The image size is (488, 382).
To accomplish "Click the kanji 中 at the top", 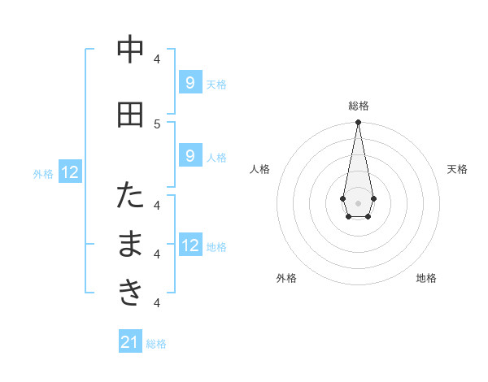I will click(130, 50).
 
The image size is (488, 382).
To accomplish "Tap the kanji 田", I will click(130, 115).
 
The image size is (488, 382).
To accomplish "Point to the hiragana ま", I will click(130, 245).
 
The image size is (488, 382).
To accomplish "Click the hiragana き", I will click(130, 293).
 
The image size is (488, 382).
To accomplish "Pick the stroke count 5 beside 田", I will click(157, 124).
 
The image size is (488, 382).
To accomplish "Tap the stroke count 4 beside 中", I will click(157, 59).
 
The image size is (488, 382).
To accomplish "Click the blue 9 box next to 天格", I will click(190, 82).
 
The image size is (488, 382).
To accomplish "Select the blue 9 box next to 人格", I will click(190, 155).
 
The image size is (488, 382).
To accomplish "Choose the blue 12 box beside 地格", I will click(190, 245).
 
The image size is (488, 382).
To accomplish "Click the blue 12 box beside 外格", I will click(70, 171).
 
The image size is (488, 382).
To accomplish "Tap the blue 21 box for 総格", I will click(130, 342).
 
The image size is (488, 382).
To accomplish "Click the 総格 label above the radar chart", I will click(359, 106).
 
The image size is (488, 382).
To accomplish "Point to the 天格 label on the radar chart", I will click(458, 169).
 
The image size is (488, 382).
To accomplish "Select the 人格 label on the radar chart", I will click(259, 169).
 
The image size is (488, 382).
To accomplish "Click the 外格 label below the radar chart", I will click(286, 278).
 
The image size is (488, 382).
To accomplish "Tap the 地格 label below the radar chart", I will click(426, 278).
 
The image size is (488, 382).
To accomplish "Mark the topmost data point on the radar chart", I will click(358, 123).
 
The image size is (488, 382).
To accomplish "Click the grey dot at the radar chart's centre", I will click(358, 202).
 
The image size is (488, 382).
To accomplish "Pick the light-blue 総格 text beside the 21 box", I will click(156, 344).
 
